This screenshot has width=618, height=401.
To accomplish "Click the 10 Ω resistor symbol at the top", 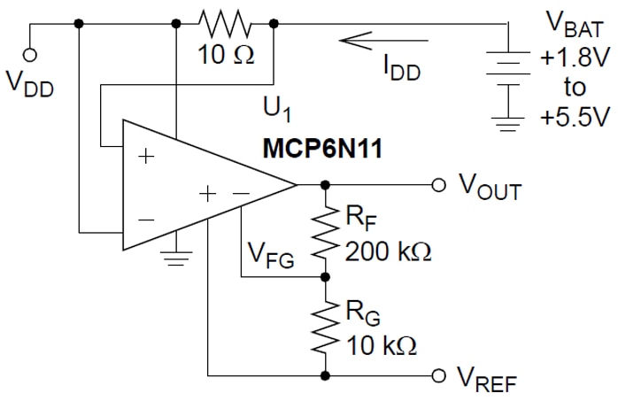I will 225,24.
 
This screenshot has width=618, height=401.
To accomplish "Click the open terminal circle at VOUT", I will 437,185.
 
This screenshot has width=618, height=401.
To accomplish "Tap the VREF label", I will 487,380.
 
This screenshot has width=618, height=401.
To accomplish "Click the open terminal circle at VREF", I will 437,374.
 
